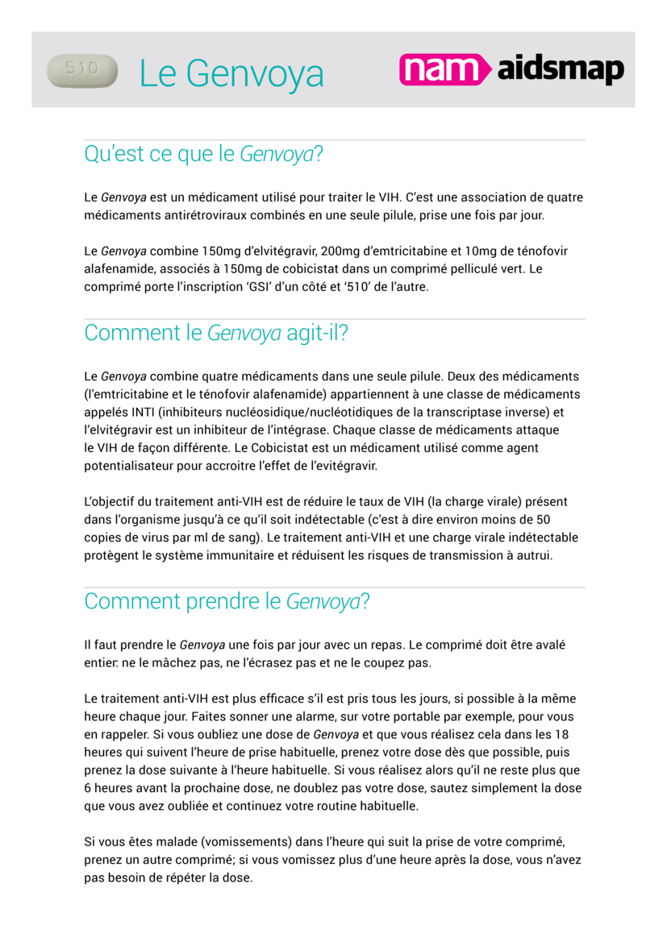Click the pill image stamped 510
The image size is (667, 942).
pyautogui.click(x=82, y=70)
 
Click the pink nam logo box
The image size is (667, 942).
pyautogui.click(x=444, y=70)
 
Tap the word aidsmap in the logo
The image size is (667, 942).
pyautogui.click(x=561, y=70)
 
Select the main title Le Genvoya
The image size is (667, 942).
pyautogui.click(x=231, y=74)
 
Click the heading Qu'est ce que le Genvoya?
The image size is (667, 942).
pyautogui.click(x=203, y=154)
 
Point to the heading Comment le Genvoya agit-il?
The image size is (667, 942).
pyautogui.click(x=216, y=333)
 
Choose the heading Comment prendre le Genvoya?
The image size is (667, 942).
pyautogui.click(x=227, y=601)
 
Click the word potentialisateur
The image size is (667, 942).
pyautogui.click(x=132, y=465)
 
